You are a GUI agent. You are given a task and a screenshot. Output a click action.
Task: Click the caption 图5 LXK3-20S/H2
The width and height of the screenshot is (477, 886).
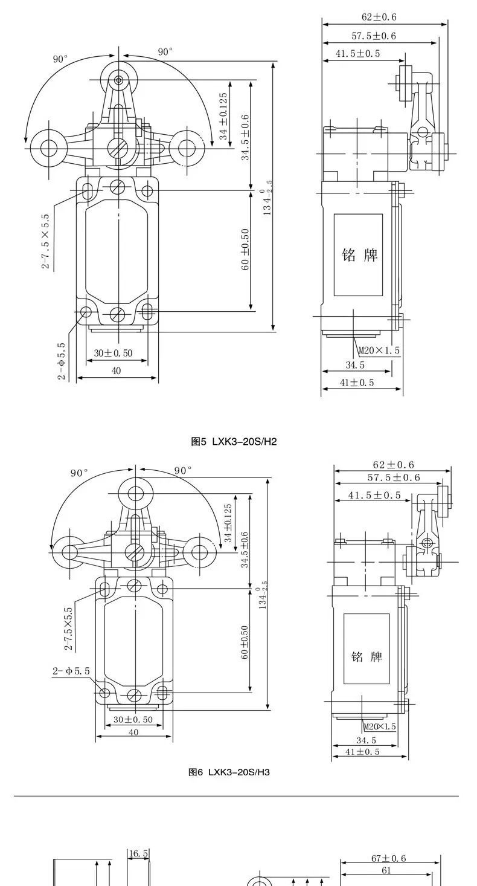point(234,441)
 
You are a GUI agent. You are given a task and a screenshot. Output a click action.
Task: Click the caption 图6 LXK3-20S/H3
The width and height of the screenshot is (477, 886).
point(229,772)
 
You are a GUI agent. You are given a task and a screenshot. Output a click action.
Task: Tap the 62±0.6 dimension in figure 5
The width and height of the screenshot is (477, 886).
point(379,17)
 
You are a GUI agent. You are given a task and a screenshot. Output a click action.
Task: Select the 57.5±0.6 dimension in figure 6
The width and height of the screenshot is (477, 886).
point(394,477)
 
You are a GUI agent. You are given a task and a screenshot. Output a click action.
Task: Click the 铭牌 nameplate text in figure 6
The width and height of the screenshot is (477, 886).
point(367,656)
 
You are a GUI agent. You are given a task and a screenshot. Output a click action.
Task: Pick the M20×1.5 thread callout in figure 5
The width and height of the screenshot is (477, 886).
point(379,351)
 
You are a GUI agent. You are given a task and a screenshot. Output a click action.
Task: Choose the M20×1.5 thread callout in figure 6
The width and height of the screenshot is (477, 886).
point(379,726)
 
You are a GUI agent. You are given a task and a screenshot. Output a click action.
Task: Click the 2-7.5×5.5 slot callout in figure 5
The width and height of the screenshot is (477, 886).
point(46,241)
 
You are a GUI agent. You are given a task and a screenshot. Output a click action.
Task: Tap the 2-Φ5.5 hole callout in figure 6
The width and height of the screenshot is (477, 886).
point(71,671)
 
